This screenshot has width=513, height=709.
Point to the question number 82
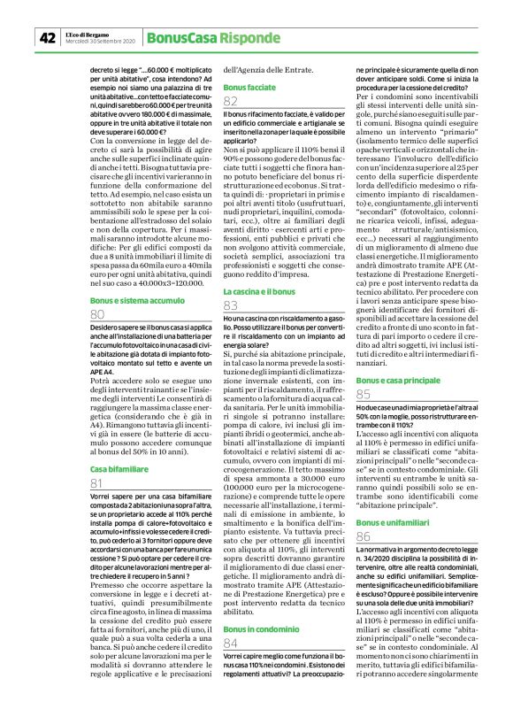click(232, 104)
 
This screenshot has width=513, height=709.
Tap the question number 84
click(232, 642)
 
